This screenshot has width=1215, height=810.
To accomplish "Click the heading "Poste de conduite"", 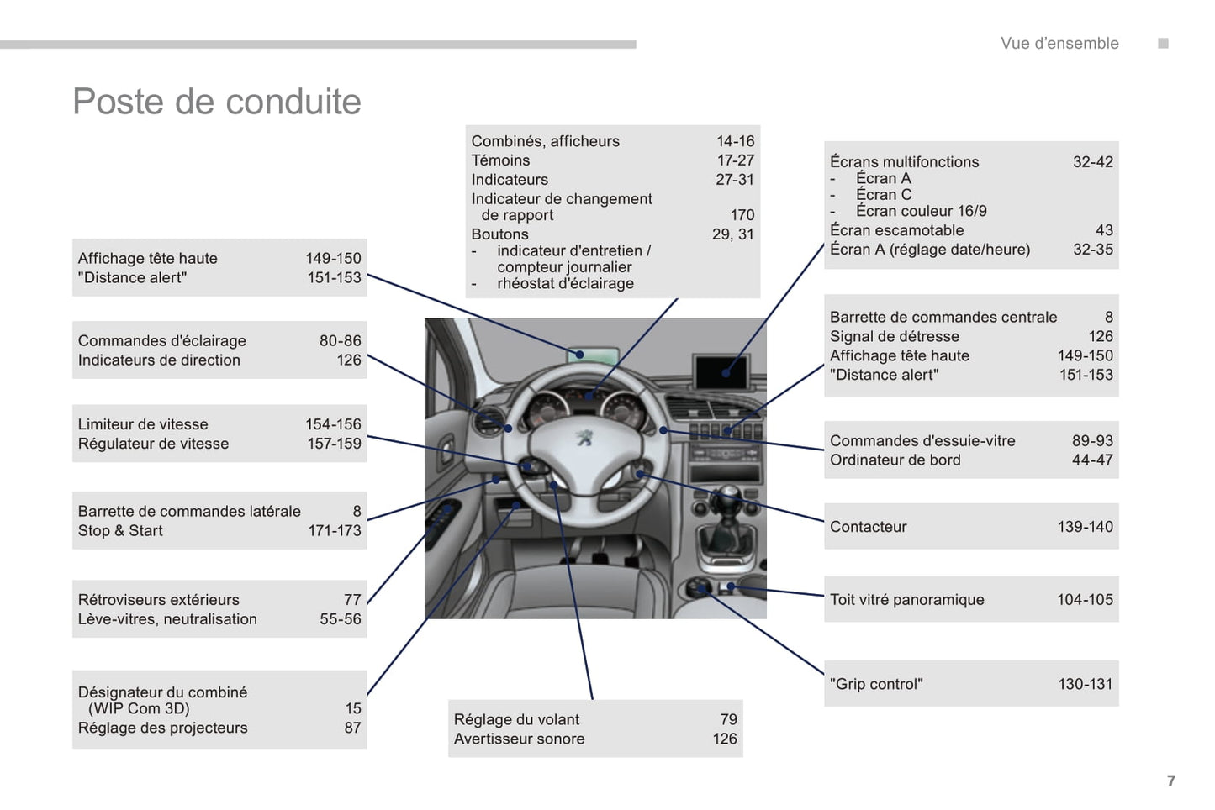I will (x=217, y=102).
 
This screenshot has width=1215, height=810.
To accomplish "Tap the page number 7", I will (x=1171, y=781).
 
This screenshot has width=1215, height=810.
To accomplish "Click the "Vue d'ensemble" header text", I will (x=1059, y=44).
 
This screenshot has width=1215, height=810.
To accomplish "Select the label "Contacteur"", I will (x=868, y=527).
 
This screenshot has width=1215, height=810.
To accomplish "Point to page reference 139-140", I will (x=1085, y=527).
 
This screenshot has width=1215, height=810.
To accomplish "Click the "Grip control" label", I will (x=876, y=684).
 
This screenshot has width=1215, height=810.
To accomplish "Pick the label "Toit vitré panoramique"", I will (x=906, y=600).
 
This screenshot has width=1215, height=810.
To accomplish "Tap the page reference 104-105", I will (x=1085, y=600).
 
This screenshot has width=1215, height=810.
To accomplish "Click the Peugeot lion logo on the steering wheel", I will (x=584, y=437).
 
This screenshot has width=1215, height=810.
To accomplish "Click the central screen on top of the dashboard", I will (x=721, y=370).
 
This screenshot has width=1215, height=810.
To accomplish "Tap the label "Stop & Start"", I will (x=120, y=531).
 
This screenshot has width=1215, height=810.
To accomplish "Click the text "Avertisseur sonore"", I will (x=519, y=739).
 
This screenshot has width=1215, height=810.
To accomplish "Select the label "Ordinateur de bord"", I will (x=895, y=460).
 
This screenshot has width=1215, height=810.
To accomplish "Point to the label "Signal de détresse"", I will (x=894, y=337).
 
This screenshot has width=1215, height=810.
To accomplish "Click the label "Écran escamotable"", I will (x=896, y=230).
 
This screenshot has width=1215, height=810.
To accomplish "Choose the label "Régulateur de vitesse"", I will (x=153, y=444).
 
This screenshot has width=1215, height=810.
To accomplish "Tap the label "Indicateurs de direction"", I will (x=159, y=360).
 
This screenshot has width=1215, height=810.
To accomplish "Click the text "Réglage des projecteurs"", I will (x=162, y=728).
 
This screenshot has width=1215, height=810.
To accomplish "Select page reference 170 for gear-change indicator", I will (x=742, y=215).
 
